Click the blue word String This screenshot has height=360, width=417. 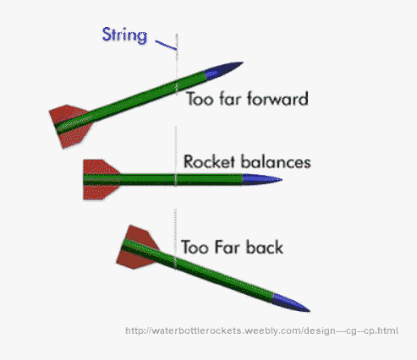(125, 35)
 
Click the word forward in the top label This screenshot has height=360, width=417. (276, 99)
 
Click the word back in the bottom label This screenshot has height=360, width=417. (261, 248)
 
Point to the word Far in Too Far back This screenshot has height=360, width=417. (224, 248)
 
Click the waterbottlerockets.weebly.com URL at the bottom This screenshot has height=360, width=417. (261, 330)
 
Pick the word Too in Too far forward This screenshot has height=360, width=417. (200, 99)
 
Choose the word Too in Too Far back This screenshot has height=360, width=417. (195, 248)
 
